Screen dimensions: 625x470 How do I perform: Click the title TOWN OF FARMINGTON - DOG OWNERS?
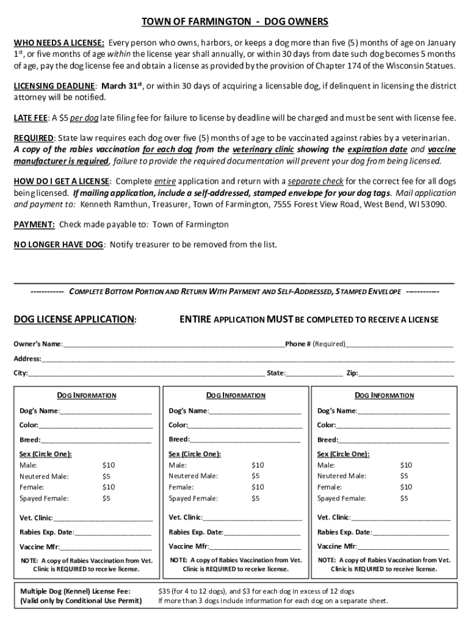click(x=235, y=23)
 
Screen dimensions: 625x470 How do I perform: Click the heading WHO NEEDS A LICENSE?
click(x=59, y=43)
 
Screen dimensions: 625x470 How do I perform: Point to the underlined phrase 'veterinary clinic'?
click(x=263, y=150)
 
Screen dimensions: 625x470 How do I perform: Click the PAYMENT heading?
click(x=35, y=225)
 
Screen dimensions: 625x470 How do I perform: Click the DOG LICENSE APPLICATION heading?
click(x=75, y=320)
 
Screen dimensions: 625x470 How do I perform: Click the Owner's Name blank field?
click(x=173, y=344)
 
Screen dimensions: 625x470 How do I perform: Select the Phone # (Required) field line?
click(x=399, y=344)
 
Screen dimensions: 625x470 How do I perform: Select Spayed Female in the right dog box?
click(x=341, y=499)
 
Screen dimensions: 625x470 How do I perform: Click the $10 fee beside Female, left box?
click(x=109, y=487)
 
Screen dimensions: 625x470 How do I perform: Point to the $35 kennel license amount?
click(x=165, y=591)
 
